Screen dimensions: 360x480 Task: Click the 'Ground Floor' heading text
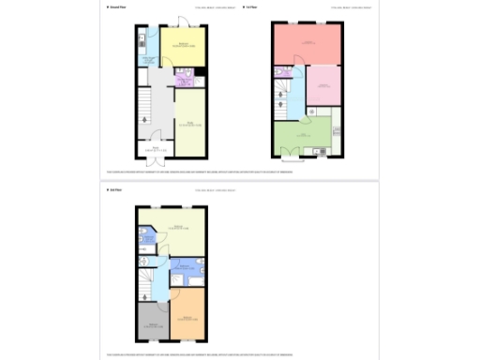click(x=118, y=7)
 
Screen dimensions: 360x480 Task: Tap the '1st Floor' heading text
click(x=251, y=7)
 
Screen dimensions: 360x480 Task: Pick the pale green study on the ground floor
click(x=188, y=120)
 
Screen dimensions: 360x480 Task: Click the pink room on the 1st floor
click(x=322, y=85)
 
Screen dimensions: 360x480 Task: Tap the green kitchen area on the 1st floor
click(x=305, y=136)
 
